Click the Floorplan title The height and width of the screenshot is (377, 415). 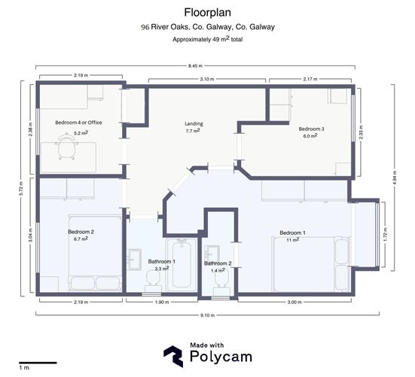coord(207,12)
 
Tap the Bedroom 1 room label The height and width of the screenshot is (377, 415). coord(292,233)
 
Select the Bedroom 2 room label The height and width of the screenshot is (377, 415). coord(81,232)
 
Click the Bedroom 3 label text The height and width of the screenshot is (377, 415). coord(311,129)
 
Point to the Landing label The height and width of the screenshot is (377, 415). coord(194,123)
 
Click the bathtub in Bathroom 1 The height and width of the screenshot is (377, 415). coord(182,264)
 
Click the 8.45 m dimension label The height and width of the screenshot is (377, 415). coord(207,67)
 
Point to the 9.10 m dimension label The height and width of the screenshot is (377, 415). coord(207,315)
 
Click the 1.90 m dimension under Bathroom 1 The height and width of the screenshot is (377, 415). coord(162,303)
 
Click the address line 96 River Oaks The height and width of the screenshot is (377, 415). coord(207,27)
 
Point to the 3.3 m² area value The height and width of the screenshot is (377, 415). coord(161,269)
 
